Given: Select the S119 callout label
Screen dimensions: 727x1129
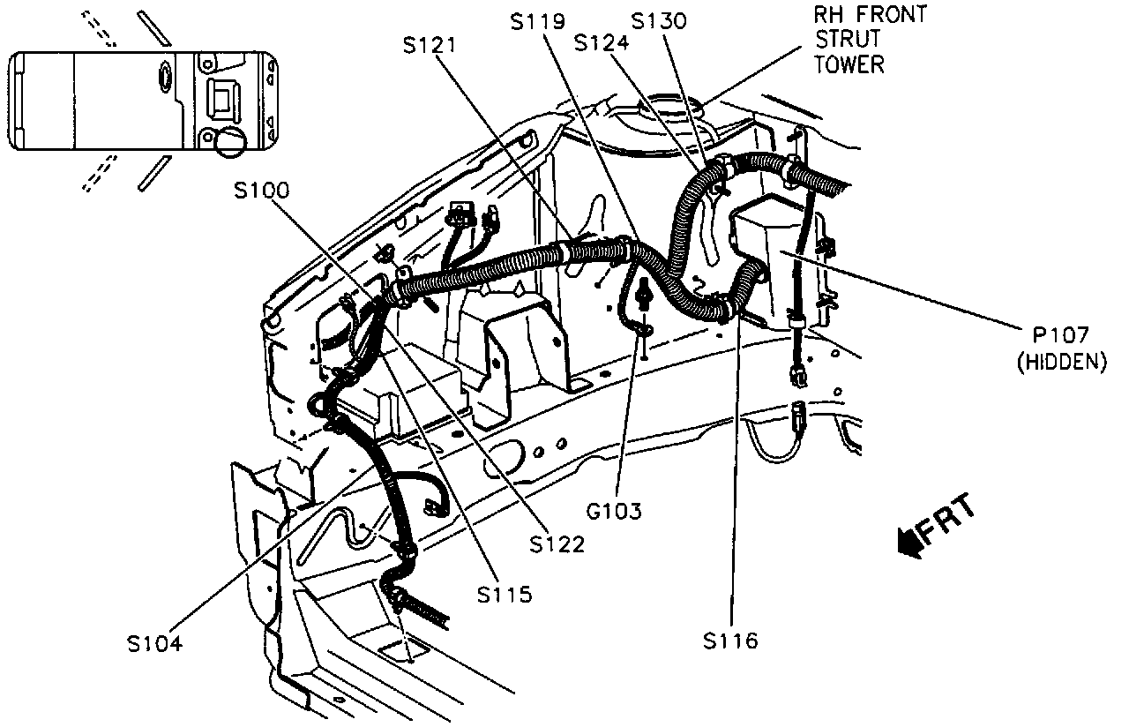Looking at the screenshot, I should click(538, 21).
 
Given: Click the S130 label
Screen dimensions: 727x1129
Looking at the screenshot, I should click(659, 21).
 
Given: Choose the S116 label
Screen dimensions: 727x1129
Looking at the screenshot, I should click(730, 641).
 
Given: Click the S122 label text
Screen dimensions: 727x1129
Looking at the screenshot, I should click(557, 544).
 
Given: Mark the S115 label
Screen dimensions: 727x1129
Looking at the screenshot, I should click(505, 595).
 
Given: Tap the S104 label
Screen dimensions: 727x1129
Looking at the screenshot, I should click(154, 643).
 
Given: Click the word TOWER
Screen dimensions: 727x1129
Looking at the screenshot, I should click(849, 64).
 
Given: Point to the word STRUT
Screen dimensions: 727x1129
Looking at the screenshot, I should click(848, 40).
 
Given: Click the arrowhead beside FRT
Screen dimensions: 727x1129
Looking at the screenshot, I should click(907, 541).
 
